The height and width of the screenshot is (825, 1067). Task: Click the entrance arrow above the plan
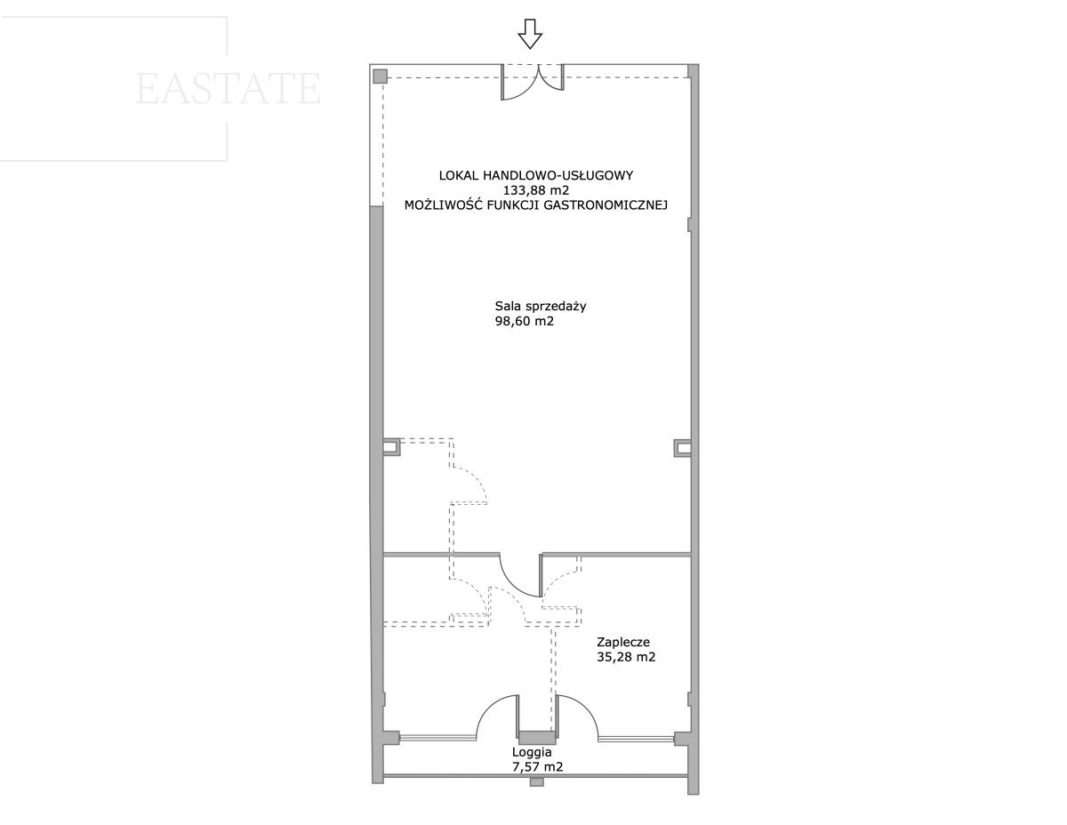coord(530,35)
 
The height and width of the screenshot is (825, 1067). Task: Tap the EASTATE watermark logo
coord(228,88)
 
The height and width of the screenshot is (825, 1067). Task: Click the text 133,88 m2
coord(536,190)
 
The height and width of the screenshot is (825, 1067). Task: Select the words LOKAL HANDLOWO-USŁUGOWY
coord(536,175)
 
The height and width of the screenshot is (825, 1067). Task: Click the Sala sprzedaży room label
coord(541,306)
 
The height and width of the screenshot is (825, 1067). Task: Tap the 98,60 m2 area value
coord(525,322)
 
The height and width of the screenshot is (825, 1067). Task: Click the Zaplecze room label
coord(623,642)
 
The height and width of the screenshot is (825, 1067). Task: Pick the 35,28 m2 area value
coord(626,657)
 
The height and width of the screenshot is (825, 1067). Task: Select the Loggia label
coord(532,752)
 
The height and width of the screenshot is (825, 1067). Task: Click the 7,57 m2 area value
coord(538,767)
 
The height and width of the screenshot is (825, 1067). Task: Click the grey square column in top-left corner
coord(380,76)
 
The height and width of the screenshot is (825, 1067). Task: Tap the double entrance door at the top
coord(533,82)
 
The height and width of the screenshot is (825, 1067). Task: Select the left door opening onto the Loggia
coord(497,718)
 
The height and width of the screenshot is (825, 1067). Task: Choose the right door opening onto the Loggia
coord(576,718)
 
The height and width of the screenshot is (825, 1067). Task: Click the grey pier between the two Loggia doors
coord(537,738)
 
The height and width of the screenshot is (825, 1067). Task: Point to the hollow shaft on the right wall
coord(682,447)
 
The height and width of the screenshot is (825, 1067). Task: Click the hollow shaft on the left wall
coord(391,447)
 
